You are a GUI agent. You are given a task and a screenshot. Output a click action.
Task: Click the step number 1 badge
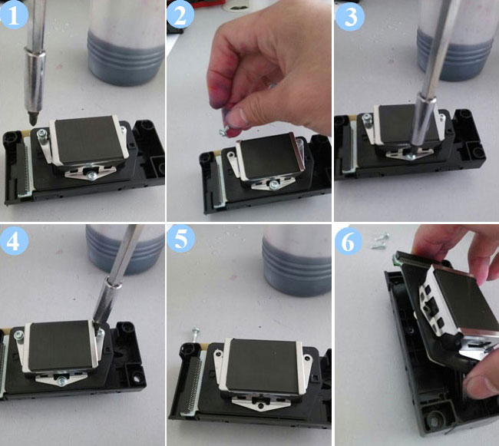(13, 15)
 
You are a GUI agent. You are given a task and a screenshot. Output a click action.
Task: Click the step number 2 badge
(180, 15)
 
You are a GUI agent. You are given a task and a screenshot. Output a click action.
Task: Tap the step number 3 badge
(350, 16)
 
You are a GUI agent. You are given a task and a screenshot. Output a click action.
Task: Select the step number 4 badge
(14, 241)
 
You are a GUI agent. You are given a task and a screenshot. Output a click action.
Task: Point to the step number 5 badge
(180, 238)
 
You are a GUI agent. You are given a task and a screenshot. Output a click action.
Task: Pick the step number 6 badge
(348, 243)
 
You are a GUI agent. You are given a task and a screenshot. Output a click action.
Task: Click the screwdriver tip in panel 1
(32, 119)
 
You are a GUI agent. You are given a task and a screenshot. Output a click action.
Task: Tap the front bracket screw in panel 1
(91, 175)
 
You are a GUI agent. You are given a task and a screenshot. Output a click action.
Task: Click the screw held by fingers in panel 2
(223, 131)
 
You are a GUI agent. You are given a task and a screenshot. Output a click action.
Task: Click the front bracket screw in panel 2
(273, 185)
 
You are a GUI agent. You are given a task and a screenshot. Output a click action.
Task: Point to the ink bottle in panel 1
(127, 43)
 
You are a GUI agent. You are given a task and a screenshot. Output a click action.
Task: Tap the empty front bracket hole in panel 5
(261, 405)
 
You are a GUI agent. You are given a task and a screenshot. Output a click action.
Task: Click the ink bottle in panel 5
(296, 260)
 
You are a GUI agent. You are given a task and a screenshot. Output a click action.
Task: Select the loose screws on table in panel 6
(379, 241)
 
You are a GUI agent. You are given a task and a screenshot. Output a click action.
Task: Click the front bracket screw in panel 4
(61, 380)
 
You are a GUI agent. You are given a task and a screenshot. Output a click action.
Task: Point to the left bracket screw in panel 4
(18, 335)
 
